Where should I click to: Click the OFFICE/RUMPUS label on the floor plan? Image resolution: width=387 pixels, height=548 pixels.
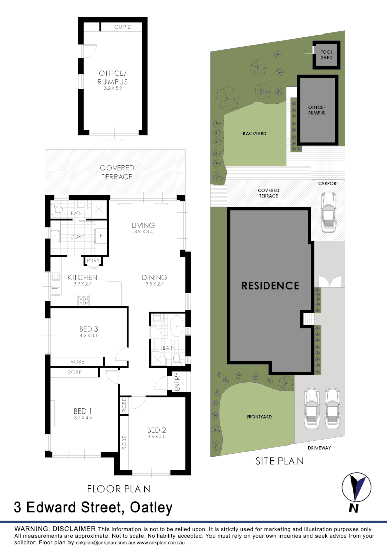click(113, 78)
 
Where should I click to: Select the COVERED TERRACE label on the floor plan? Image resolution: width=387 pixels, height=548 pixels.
click(117, 172)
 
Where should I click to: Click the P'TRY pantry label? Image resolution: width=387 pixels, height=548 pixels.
click(93, 261)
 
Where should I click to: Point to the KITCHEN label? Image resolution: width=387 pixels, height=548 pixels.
click(83, 277)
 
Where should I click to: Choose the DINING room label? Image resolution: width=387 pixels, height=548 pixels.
click(154, 277)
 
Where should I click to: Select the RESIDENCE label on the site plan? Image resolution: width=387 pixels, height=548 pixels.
click(270, 285)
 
